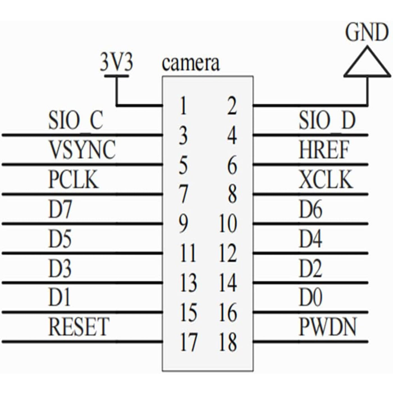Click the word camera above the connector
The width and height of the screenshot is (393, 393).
pyautogui.click(x=191, y=64)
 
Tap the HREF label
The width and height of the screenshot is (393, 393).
pyautogui.click(x=324, y=150)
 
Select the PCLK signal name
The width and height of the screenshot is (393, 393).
pyautogui.click(x=74, y=180)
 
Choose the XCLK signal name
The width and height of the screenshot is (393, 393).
pyautogui.click(x=326, y=179)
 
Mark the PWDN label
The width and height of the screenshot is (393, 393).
pyautogui.click(x=327, y=327)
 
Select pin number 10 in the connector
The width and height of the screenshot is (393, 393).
pyautogui.click(x=228, y=224)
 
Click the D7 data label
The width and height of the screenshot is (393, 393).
pyautogui.click(x=60, y=209)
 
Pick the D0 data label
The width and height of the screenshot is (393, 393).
pyautogui.click(x=310, y=298)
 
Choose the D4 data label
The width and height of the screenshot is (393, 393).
pyautogui.click(x=310, y=239)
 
